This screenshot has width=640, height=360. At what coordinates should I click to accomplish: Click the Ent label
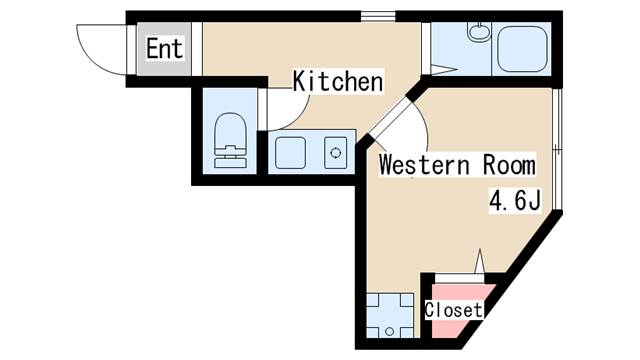coord(164,49)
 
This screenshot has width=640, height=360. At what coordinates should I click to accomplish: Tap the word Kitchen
coord(338,81)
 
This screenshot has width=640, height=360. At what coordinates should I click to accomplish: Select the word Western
coord(424,165)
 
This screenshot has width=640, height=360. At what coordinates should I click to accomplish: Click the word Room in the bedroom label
coord(509,165)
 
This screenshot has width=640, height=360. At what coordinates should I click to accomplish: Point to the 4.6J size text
coord(516,201)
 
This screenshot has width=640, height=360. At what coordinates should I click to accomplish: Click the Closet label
coord(453,310)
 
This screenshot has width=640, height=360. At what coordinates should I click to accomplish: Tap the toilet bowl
coord(231,130)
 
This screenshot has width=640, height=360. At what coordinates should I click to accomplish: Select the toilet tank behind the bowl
coord(231,158)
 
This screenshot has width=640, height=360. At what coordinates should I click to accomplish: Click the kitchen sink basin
coord(290,153)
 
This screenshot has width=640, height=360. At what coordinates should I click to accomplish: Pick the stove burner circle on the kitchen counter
coord(336,153)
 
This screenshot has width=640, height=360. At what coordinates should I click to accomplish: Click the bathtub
coord(522,49)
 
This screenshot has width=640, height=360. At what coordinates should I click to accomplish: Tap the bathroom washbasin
coord(479,32)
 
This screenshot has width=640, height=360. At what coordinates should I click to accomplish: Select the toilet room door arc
coord(293,118)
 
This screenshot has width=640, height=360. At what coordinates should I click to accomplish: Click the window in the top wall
coord(378,16)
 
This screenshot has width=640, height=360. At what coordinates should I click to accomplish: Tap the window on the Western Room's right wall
coord(558,149)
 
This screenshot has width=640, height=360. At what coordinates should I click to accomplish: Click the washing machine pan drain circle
coord(390,331)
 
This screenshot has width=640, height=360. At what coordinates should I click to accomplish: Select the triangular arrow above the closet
coord(480,261)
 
